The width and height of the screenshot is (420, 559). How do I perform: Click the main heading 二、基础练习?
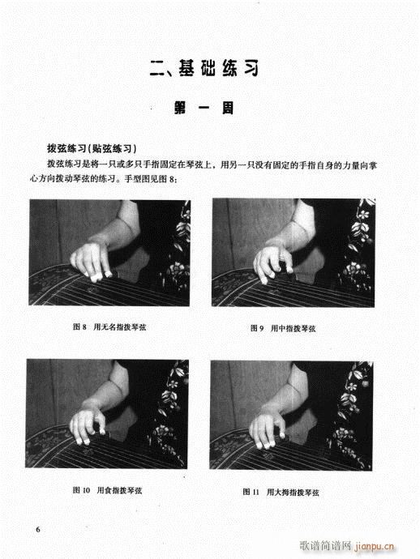204,68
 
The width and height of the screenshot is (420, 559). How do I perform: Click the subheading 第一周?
204,108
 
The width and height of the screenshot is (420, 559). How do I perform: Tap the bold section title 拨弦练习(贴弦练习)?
92,149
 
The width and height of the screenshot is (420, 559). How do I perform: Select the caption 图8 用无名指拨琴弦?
109,327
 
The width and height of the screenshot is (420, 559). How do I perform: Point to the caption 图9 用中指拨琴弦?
283,328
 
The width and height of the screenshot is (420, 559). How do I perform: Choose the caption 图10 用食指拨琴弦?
107,490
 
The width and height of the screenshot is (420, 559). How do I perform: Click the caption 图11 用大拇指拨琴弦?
281,493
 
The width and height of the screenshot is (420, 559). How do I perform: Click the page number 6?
38,529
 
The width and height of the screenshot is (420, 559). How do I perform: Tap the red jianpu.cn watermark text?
374,546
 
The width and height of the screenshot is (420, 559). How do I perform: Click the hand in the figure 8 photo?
90,260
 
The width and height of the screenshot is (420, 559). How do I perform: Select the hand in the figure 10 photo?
87,425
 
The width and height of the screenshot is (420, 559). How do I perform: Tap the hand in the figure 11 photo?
268,429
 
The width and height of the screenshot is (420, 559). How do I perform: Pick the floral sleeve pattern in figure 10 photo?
171,410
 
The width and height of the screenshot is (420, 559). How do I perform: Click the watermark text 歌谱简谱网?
325,546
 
